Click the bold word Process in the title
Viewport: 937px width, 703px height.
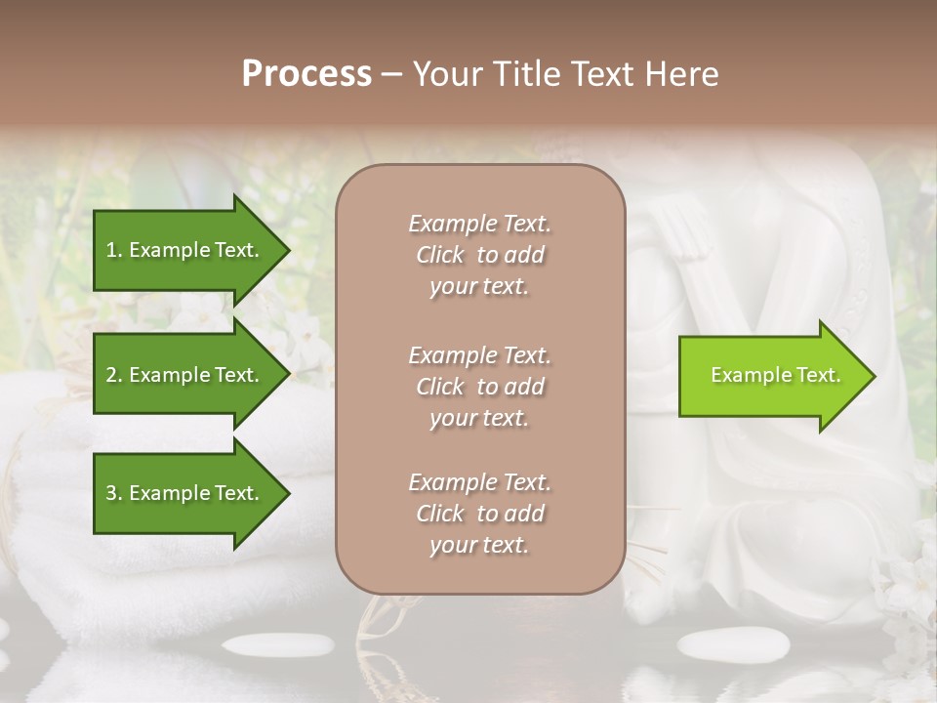(306, 74)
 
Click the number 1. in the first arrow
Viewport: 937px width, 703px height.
(114, 250)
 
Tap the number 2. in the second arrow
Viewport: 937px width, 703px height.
(114, 375)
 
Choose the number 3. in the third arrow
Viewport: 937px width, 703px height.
(114, 493)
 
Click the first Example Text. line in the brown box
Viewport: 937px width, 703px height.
(479, 224)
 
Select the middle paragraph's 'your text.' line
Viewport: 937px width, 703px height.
(479, 418)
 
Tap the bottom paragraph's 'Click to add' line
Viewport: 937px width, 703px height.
(479, 514)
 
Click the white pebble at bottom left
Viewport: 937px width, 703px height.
(278, 644)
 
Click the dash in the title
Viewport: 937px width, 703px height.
(392, 74)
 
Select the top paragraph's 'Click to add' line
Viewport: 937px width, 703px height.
(479, 255)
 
